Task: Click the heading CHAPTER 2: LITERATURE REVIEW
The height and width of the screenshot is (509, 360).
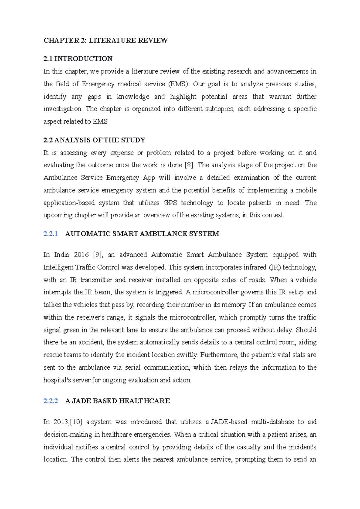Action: (106, 40)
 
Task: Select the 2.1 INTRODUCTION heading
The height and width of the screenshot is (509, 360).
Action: (78, 59)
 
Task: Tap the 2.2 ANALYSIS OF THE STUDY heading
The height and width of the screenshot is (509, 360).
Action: (94, 140)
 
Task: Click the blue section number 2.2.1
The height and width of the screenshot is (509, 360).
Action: (50, 234)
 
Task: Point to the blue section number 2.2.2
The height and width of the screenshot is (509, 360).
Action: (50, 401)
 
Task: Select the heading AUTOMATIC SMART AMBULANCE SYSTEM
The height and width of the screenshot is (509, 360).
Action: (142, 234)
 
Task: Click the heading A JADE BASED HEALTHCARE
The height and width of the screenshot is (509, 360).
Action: (117, 401)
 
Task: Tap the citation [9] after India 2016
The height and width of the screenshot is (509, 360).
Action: (98, 255)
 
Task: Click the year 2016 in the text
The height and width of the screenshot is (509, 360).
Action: (81, 255)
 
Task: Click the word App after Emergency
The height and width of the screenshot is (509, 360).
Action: (149, 178)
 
